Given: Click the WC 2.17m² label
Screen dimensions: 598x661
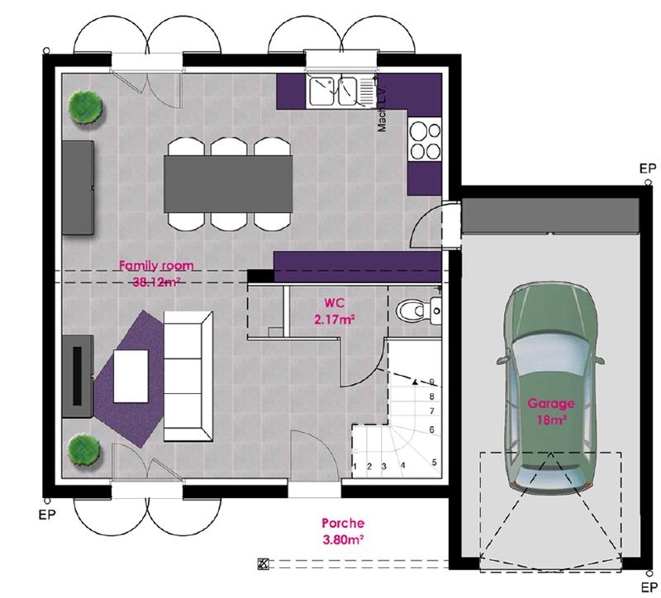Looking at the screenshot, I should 335,309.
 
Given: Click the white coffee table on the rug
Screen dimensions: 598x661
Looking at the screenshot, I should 131,377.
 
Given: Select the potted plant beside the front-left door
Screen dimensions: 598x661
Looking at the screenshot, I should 84,450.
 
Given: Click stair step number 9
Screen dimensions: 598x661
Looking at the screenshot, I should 432,382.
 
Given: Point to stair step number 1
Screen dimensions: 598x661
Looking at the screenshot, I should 355,467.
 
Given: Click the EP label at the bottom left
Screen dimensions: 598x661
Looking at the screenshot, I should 47,512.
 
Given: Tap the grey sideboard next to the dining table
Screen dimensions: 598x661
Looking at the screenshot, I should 76,187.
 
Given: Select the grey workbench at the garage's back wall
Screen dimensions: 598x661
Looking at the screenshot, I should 550,216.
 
